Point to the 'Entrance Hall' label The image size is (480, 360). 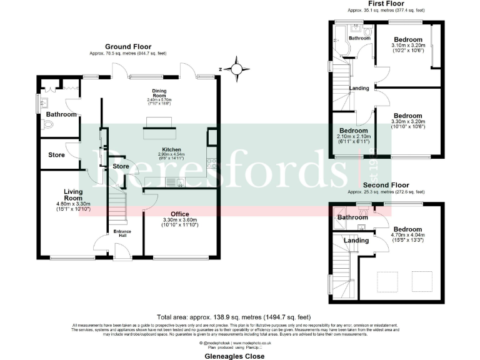[122, 232]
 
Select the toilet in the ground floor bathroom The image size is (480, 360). [50, 125]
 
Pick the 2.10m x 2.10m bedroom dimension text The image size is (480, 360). [354, 137]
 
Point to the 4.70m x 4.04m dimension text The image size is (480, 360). [407, 237]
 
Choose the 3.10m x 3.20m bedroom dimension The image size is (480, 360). [408, 46]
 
